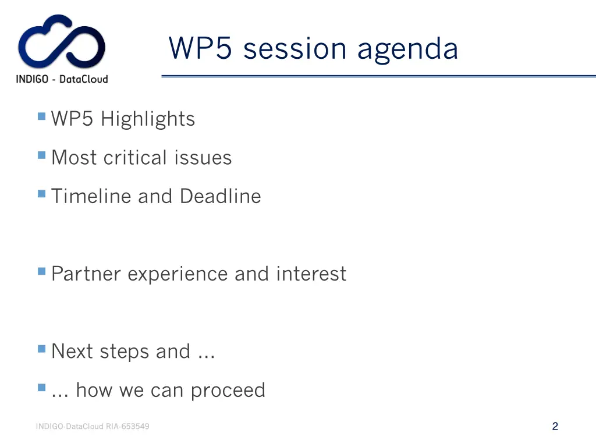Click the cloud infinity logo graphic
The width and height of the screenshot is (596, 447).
pos(62,42)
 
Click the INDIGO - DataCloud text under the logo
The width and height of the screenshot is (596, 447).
pos(62,79)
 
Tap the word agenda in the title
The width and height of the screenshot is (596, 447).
pos(407,49)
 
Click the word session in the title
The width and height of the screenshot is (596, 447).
pos(296,48)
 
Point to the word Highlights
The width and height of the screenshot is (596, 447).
pos(147,119)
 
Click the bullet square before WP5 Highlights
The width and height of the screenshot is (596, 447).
pos(41,116)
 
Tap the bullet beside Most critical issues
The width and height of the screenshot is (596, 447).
pos(41,155)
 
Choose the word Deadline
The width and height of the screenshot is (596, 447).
pos(220,196)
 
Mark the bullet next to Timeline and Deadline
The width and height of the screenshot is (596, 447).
pos(41,194)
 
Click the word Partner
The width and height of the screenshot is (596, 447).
pos(86,274)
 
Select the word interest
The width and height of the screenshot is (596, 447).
pos(311,274)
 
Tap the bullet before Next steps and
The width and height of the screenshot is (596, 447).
pos(41,349)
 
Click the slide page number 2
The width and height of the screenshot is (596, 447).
pos(555,426)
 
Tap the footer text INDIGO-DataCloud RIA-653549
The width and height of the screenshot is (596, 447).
pos(93,427)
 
